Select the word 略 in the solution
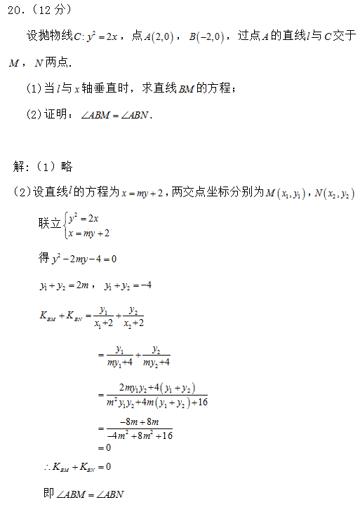pos(67,167)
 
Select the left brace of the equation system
pos(65,225)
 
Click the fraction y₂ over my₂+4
pos(156,356)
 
